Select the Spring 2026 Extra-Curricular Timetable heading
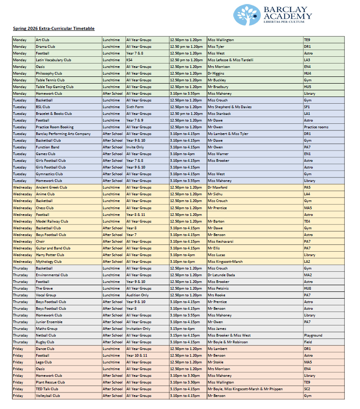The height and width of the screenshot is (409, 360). click(x=54, y=28)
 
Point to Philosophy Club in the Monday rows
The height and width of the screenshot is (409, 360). click(x=49, y=73)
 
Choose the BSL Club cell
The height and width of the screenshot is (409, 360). click(x=43, y=107)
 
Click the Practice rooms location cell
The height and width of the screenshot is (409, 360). click(x=316, y=127)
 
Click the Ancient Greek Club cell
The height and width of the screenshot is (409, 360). click(x=51, y=187)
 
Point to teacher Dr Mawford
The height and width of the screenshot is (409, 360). click(x=218, y=187)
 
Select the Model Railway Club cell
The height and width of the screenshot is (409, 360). click(x=52, y=221)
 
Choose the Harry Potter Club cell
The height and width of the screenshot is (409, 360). click(x=50, y=255)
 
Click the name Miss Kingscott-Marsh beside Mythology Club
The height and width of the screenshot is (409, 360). click(x=225, y=261)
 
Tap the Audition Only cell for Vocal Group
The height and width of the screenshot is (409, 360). click(x=138, y=295)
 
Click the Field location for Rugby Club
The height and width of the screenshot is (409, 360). click(x=308, y=342)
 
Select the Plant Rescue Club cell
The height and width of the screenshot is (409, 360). click(x=50, y=382)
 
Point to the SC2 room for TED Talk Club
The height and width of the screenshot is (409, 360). click(x=307, y=389)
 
